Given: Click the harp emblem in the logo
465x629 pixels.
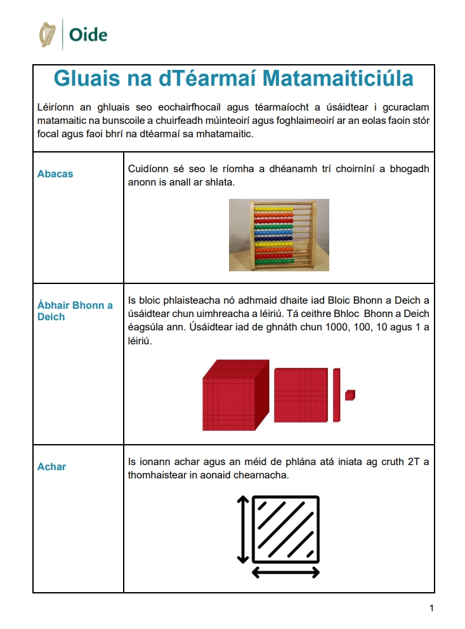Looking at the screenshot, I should coord(48,34).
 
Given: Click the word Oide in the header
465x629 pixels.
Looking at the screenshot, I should coord(88,35).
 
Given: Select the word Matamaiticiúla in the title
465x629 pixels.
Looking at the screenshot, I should coord(337,78).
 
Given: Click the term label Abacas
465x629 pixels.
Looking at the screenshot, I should coord(55,173).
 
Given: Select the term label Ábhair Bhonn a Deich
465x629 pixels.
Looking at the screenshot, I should coord(75,311).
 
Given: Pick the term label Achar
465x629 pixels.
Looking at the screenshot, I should coord(51,466).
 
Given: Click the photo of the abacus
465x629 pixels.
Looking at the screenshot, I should coord(279,235).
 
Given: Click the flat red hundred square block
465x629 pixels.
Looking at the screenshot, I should coord(301,395).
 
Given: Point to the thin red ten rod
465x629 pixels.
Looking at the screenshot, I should coord(336,395).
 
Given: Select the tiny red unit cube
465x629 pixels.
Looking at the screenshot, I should coord(350,395).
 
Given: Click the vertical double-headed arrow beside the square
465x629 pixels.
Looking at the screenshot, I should coord(241,527).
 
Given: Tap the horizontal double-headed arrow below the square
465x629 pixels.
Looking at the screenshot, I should coord(285,573).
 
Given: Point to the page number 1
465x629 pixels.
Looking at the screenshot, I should coord(431,609).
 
